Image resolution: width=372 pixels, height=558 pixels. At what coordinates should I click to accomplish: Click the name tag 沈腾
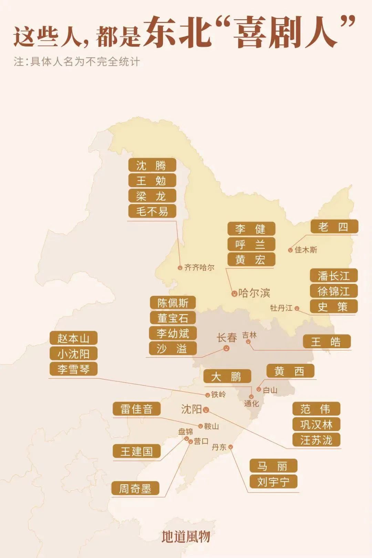(152, 165)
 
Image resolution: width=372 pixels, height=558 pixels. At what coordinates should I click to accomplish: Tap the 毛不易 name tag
(152, 211)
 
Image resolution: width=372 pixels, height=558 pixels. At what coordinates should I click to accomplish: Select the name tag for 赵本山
(73, 338)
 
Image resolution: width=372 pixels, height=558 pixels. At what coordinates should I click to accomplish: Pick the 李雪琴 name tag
(73, 369)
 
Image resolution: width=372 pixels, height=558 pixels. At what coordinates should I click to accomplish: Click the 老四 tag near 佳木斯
(334, 227)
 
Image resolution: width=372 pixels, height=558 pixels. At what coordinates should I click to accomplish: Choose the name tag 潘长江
(333, 276)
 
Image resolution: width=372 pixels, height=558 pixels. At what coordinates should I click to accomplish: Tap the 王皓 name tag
(327, 342)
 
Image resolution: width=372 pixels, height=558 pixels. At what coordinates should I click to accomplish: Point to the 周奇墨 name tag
(135, 488)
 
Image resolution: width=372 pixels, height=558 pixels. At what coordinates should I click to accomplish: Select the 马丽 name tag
(273, 466)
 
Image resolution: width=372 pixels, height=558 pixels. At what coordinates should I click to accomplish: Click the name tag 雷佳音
(137, 409)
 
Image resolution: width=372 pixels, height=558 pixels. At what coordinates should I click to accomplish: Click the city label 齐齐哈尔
(199, 268)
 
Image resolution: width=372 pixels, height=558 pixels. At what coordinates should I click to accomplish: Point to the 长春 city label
(227, 338)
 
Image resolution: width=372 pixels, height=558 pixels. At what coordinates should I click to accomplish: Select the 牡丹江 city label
(281, 308)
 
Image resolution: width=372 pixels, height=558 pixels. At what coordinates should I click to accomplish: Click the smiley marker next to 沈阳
(206, 410)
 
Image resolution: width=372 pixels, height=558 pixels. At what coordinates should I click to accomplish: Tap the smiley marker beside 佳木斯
(290, 250)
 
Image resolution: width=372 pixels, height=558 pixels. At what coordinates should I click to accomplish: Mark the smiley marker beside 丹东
(230, 447)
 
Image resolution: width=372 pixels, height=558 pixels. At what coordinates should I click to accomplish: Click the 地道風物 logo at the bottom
(186, 536)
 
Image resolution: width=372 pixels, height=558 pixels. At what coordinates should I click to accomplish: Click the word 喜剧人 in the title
(286, 32)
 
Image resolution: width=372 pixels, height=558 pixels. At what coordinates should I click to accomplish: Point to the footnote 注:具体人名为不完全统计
(77, 62)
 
